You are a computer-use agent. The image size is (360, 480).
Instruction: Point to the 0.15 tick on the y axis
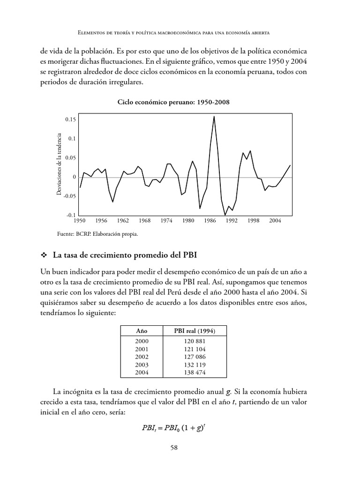[x=70, y=120]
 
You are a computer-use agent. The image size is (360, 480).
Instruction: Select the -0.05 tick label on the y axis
[x=69, y=196]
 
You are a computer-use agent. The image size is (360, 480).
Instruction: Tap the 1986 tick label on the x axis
[x=210, y=220]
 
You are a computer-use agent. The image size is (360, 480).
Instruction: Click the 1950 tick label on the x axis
[x=79, y=220]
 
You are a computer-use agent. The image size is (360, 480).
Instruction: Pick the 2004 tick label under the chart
[x=275, y=220]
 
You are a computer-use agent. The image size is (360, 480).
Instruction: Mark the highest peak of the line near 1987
[x=214, y=116]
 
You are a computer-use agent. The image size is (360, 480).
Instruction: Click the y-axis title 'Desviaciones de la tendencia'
[x=59, y=164]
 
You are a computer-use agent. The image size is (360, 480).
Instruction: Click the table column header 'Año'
[x=141, y=331]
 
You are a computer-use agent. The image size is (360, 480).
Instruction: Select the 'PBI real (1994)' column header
[x=194, y=331]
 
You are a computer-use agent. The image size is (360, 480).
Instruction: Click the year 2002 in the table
[x=141, y=357]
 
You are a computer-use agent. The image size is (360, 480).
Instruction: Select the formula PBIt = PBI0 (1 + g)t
[x=180, y=427]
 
